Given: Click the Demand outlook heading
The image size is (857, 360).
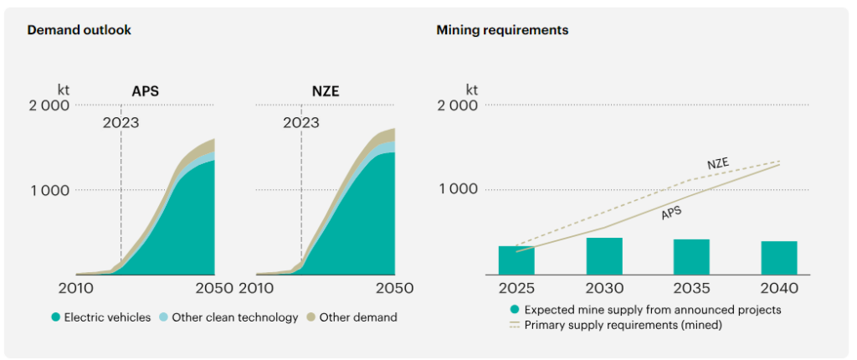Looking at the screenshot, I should point(79,30).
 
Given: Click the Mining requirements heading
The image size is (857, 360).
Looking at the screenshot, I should point(502,30).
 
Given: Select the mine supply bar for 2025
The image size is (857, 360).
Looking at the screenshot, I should point(516,260).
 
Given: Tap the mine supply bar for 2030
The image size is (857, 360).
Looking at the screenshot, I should point(604,255).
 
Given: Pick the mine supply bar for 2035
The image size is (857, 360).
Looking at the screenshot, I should point(691,256).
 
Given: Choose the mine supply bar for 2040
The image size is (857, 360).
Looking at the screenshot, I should point(779,257).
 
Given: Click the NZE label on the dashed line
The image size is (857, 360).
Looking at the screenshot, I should point(717,164).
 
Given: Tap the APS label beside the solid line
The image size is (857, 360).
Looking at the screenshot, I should point(671,213).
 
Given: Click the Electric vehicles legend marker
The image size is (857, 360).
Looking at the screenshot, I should point(56,317).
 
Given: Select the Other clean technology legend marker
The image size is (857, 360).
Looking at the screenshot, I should point(164,317).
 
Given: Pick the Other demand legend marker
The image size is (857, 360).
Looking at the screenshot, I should point(311,317).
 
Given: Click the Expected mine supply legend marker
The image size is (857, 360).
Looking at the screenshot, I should point(515,310).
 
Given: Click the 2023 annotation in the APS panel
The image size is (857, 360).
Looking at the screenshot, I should point(121,123).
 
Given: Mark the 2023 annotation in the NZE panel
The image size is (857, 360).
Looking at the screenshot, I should point(301,123).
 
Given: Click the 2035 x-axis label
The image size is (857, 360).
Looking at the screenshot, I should point(691,288).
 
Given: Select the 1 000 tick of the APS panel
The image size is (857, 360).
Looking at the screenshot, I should point(51,190).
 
